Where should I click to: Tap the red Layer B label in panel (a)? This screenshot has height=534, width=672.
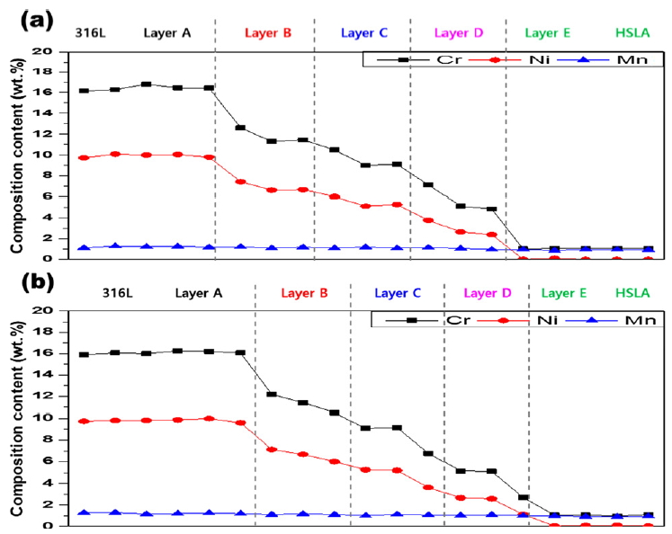[x=267, y=33]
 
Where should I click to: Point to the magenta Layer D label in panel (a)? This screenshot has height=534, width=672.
[x=459, y=33]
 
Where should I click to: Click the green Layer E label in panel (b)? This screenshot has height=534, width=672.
[x=563, y=293]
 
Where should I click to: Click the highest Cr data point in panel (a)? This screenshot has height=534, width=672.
[x=146, y=84]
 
